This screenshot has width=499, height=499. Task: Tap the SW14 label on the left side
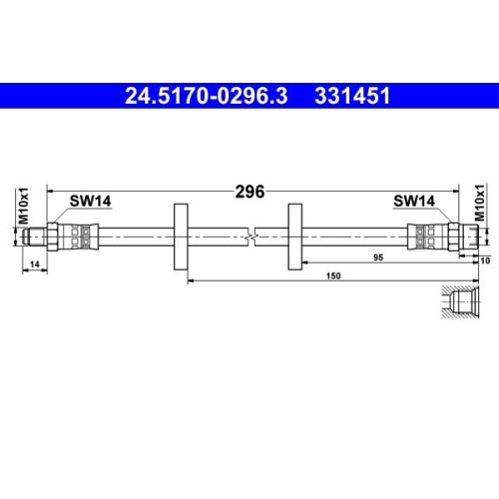[90, 201]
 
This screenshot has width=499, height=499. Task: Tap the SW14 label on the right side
[413, 201]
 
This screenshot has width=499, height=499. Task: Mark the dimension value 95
[378, 257]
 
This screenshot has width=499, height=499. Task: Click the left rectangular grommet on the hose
[181, 236]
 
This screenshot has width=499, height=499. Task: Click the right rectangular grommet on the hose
[295, 236]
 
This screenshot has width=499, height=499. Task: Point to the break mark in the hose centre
[255, 236]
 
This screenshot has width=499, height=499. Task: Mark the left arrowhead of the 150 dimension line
[190, 281]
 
